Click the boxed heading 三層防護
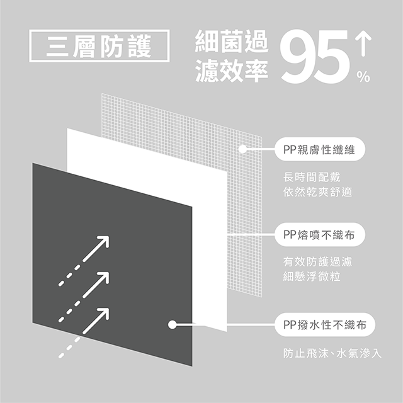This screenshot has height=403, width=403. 99,46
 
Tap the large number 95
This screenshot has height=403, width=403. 315,56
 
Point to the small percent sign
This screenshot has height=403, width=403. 363,77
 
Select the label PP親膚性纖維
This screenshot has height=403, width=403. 320,149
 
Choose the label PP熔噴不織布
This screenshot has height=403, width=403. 320,235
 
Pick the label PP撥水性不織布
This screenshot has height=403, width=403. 325,325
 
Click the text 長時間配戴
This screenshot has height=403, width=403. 312,177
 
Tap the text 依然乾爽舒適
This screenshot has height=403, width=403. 317,191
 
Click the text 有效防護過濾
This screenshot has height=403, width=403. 317,262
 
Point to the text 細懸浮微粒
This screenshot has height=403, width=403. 312,276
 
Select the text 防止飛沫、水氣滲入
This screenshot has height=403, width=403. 332,353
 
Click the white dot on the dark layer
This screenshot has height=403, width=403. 172,324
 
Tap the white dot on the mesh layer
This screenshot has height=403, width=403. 242,149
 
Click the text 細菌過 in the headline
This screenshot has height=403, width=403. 232,41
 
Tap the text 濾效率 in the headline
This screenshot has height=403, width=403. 232,71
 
